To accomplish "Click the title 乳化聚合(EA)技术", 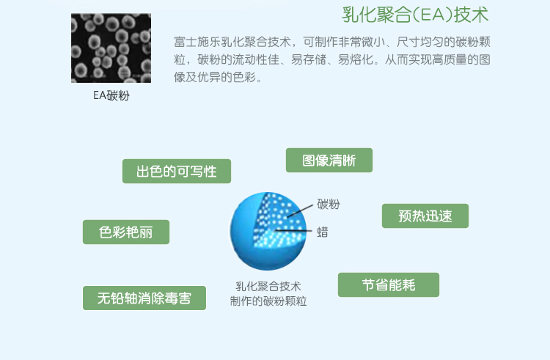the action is pyautogui.click(x=415, y=15).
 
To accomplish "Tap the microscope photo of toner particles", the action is pyautogui.click(x=111, y=48).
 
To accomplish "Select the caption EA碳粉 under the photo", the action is pyautogui.click(x=111, y=95).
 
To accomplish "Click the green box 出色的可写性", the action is pyautogui.click(x=177, y=171).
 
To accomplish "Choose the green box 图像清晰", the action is pyautogui.click(x=329, y=160).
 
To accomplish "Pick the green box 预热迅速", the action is pyautogui.click(x=425, y=216).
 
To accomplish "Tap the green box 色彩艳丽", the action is pyautogui.click(x=126, y=232).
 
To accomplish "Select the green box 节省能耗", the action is pyautogui.click(x=389, y=284).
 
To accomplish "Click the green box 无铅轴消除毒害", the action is pyautogui.click(x=144, y=298).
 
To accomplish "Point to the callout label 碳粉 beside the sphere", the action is pyautogui.click(x=329, y=204).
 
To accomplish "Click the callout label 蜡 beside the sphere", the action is pyautogui.click(x=323, y=232).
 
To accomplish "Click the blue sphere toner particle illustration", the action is pyautogui.click(x=268, y=231).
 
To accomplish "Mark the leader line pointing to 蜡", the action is pyautogui.click(x=293, y=231).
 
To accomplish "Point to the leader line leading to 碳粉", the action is pyautogui.click(x=300, y=211).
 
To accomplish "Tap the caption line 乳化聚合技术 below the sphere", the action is pyautogui.click(x=268, y=287).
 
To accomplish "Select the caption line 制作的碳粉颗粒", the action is pyautogui.click(x=268, y=301).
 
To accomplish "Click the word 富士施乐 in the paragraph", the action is pyautogui.click(x=197, y=42).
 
